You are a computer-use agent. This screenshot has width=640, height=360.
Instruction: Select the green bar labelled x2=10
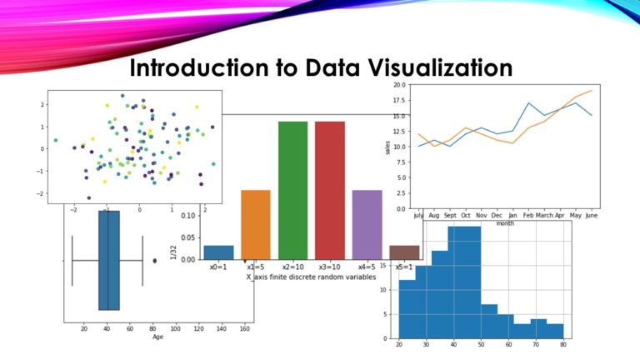point(292,190)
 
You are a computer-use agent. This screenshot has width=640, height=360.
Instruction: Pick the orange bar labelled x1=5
point(255,224)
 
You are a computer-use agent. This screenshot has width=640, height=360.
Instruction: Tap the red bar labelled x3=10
point(329,190)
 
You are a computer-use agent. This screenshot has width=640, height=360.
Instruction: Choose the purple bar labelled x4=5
point(367,224)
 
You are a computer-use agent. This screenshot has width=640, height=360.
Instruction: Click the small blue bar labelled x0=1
point(218,252)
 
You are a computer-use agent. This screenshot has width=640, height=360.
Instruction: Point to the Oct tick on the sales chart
point(466,215)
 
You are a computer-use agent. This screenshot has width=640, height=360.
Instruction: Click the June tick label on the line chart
point(591,215)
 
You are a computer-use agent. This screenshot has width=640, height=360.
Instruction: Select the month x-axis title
point(505,223)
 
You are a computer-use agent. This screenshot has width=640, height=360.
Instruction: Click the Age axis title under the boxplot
point(157,337)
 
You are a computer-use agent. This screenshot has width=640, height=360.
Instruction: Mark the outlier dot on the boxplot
point(154,261)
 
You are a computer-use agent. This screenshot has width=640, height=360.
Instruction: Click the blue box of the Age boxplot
point(109,260)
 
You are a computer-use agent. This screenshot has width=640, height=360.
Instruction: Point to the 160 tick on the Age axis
point(244,328)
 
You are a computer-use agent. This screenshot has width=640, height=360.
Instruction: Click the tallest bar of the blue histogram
point(464,282)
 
